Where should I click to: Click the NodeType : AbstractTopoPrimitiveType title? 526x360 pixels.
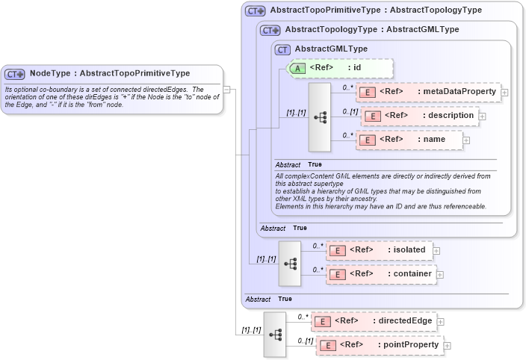(109, 73)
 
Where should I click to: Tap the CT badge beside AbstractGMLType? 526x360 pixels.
(282, 50)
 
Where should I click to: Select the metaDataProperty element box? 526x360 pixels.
(428, 92)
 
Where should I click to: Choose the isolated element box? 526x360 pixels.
(379, 250)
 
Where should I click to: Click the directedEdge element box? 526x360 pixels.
(374, 321)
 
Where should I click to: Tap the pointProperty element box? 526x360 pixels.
(378, 345)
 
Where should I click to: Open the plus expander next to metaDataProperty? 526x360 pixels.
(505, 93)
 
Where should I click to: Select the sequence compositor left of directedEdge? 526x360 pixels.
(274, 333)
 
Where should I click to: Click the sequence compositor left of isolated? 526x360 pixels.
(290, 263)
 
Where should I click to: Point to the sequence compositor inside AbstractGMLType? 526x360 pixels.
(320, 117)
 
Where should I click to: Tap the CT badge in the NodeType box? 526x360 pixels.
(15, 74)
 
